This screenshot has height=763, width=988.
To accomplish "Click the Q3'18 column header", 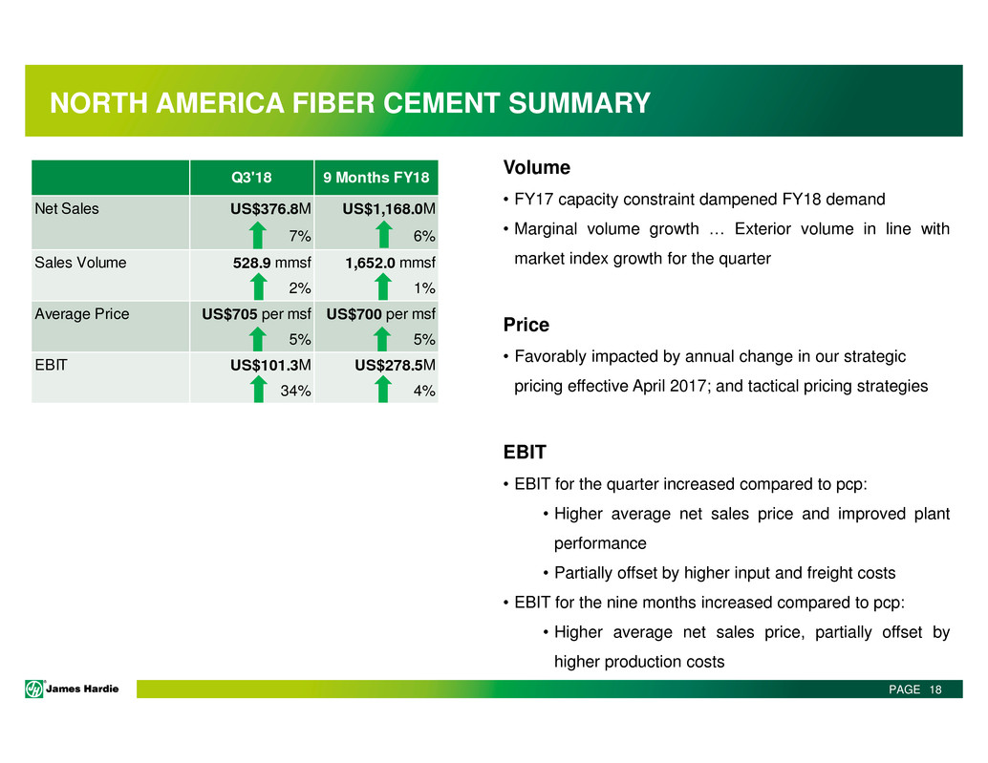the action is click(251, 178).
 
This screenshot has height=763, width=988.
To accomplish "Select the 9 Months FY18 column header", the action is click(376, 178).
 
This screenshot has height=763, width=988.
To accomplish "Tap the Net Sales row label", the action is click(67, 208).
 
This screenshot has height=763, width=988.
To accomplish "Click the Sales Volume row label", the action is click(80, 263).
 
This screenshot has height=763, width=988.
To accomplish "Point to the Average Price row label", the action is click(82, 313).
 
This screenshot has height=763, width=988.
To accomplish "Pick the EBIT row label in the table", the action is click(51, 365).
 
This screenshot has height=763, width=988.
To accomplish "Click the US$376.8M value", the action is click(270, 208).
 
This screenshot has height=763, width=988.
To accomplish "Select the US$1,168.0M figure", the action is click(389, 208).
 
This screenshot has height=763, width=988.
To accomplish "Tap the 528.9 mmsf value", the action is click(271, 263).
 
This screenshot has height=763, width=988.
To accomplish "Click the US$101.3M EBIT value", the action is click(270, 365).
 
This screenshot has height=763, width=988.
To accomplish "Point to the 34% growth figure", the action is click(295, 391).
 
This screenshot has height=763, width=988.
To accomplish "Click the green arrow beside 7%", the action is click(257, 236).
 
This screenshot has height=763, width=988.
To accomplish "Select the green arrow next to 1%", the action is click(383, 287).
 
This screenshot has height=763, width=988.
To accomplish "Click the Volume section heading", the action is click(537, 167).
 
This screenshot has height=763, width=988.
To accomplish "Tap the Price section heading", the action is click(526, 325).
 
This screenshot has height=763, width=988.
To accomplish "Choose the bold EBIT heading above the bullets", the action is click(525, 452).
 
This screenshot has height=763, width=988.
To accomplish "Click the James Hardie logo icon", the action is click(34, 689).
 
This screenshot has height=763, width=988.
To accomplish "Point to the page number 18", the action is click(935, 689).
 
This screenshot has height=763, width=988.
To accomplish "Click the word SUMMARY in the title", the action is click(579, 103).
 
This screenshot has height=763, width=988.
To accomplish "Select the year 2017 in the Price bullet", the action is click(687, 386).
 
